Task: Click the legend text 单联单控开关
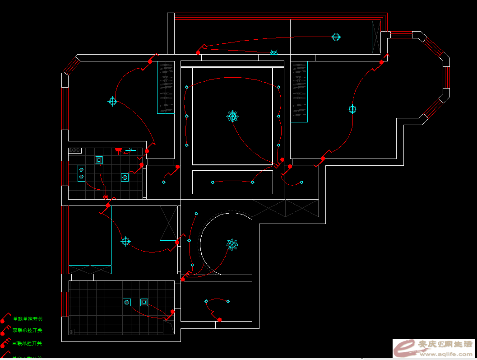tap(28, 319)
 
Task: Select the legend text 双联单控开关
tap(28, 331)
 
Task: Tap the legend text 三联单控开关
tap(27, 343)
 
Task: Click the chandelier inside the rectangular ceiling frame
tap(232, 116)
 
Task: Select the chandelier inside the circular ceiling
tap(232, 244)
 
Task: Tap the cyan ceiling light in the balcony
tap(336, 37)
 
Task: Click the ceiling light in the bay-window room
tap(352, 109)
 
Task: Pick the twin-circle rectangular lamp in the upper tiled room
tap(81, 173)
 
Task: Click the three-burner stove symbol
tap(74, 150)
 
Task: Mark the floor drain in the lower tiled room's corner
tap(72, 332)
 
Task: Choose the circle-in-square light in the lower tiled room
tap(127, 302)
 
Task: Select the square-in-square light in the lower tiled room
tap(144, 302)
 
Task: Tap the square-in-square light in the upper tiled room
tap(98, 160)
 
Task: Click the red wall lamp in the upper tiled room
tap(118, 150)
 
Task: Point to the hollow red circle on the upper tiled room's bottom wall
tap(106, 197)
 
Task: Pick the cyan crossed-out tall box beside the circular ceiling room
tap(169, 223)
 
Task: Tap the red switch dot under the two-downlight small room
tap(219, 320)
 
